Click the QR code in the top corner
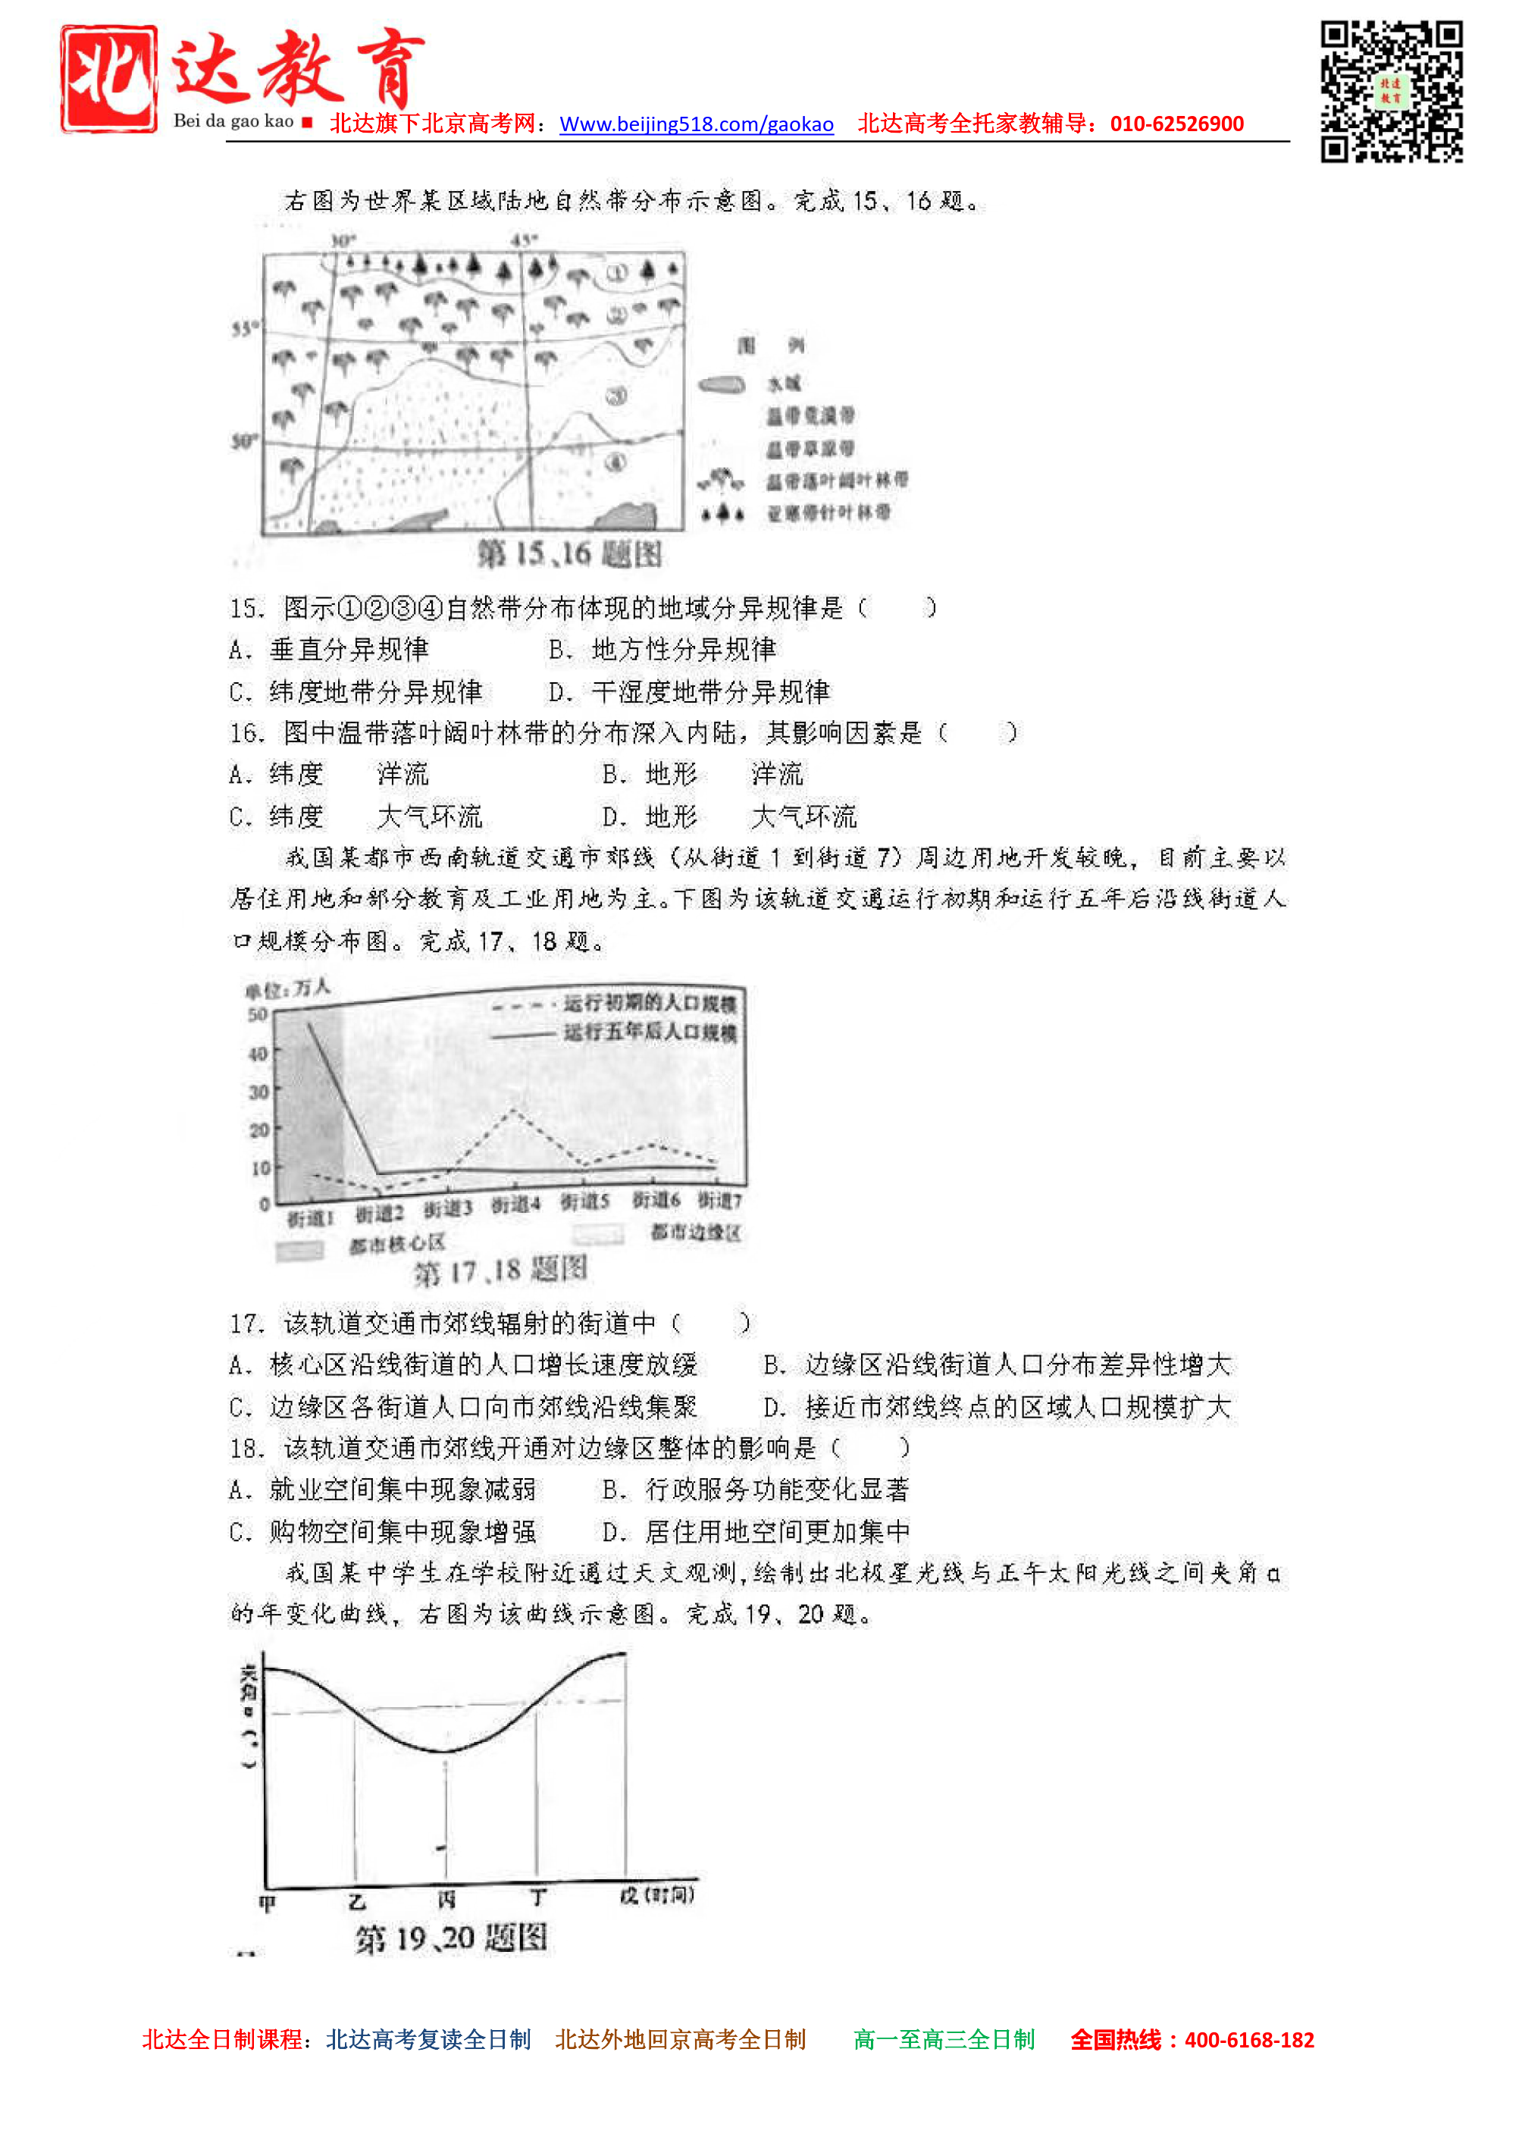coord(1391,92)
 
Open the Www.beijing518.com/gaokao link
coord(697,124)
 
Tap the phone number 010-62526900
coord(1176,124)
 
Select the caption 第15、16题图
coord(569,554)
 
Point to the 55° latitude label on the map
coord(243,328)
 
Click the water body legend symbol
coord(722,384)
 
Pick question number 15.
coord(246,609)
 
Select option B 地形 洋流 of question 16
coord(702,775)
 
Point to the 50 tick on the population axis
coord(258,1014)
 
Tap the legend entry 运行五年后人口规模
coord(650,1033)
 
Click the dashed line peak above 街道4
coord(512,1110)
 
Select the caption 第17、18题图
coord(500,1270)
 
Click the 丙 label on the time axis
coord(447,1900)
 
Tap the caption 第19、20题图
coord(451,1938)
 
